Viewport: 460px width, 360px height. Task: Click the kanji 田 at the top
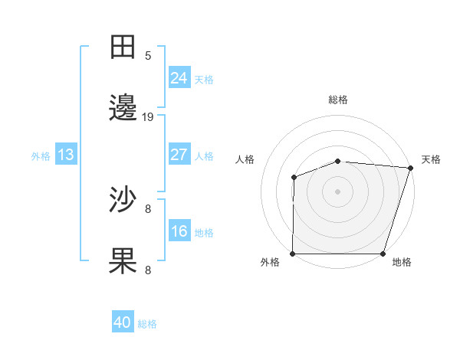(x=123, y=47)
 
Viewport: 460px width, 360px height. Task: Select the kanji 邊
(x=123, y=110)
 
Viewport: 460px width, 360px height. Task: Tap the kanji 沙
(x=123, y=200)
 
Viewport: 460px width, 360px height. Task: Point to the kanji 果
(x=123, y=261)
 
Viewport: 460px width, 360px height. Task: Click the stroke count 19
(x=148, y=117)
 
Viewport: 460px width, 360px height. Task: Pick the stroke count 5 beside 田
(x=148, y=55)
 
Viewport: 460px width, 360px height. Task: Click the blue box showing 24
(x=179, y=77)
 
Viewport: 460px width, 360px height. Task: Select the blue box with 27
(x=179, y=155)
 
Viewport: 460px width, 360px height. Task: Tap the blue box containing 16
(x=179, y=231)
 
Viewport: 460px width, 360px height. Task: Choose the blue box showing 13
(x=65, y=155)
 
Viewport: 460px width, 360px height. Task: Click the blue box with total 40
(x=122, y=322)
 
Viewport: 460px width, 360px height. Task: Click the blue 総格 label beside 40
(x=147, y=324)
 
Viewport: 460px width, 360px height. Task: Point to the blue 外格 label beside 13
(x=41, y=156)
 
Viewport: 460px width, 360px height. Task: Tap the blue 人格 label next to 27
(x=204, y=156)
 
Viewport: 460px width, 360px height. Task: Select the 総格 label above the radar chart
(x=338, y=100)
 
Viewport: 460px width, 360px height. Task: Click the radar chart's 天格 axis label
(x=431, y=159)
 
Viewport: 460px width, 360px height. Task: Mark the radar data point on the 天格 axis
(x=410, y=168)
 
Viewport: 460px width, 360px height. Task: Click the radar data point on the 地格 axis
(x=383, y=254)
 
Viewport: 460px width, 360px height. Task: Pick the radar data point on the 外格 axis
(x=293, y=254)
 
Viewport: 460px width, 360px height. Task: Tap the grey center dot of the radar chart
(x=337, y=191)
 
